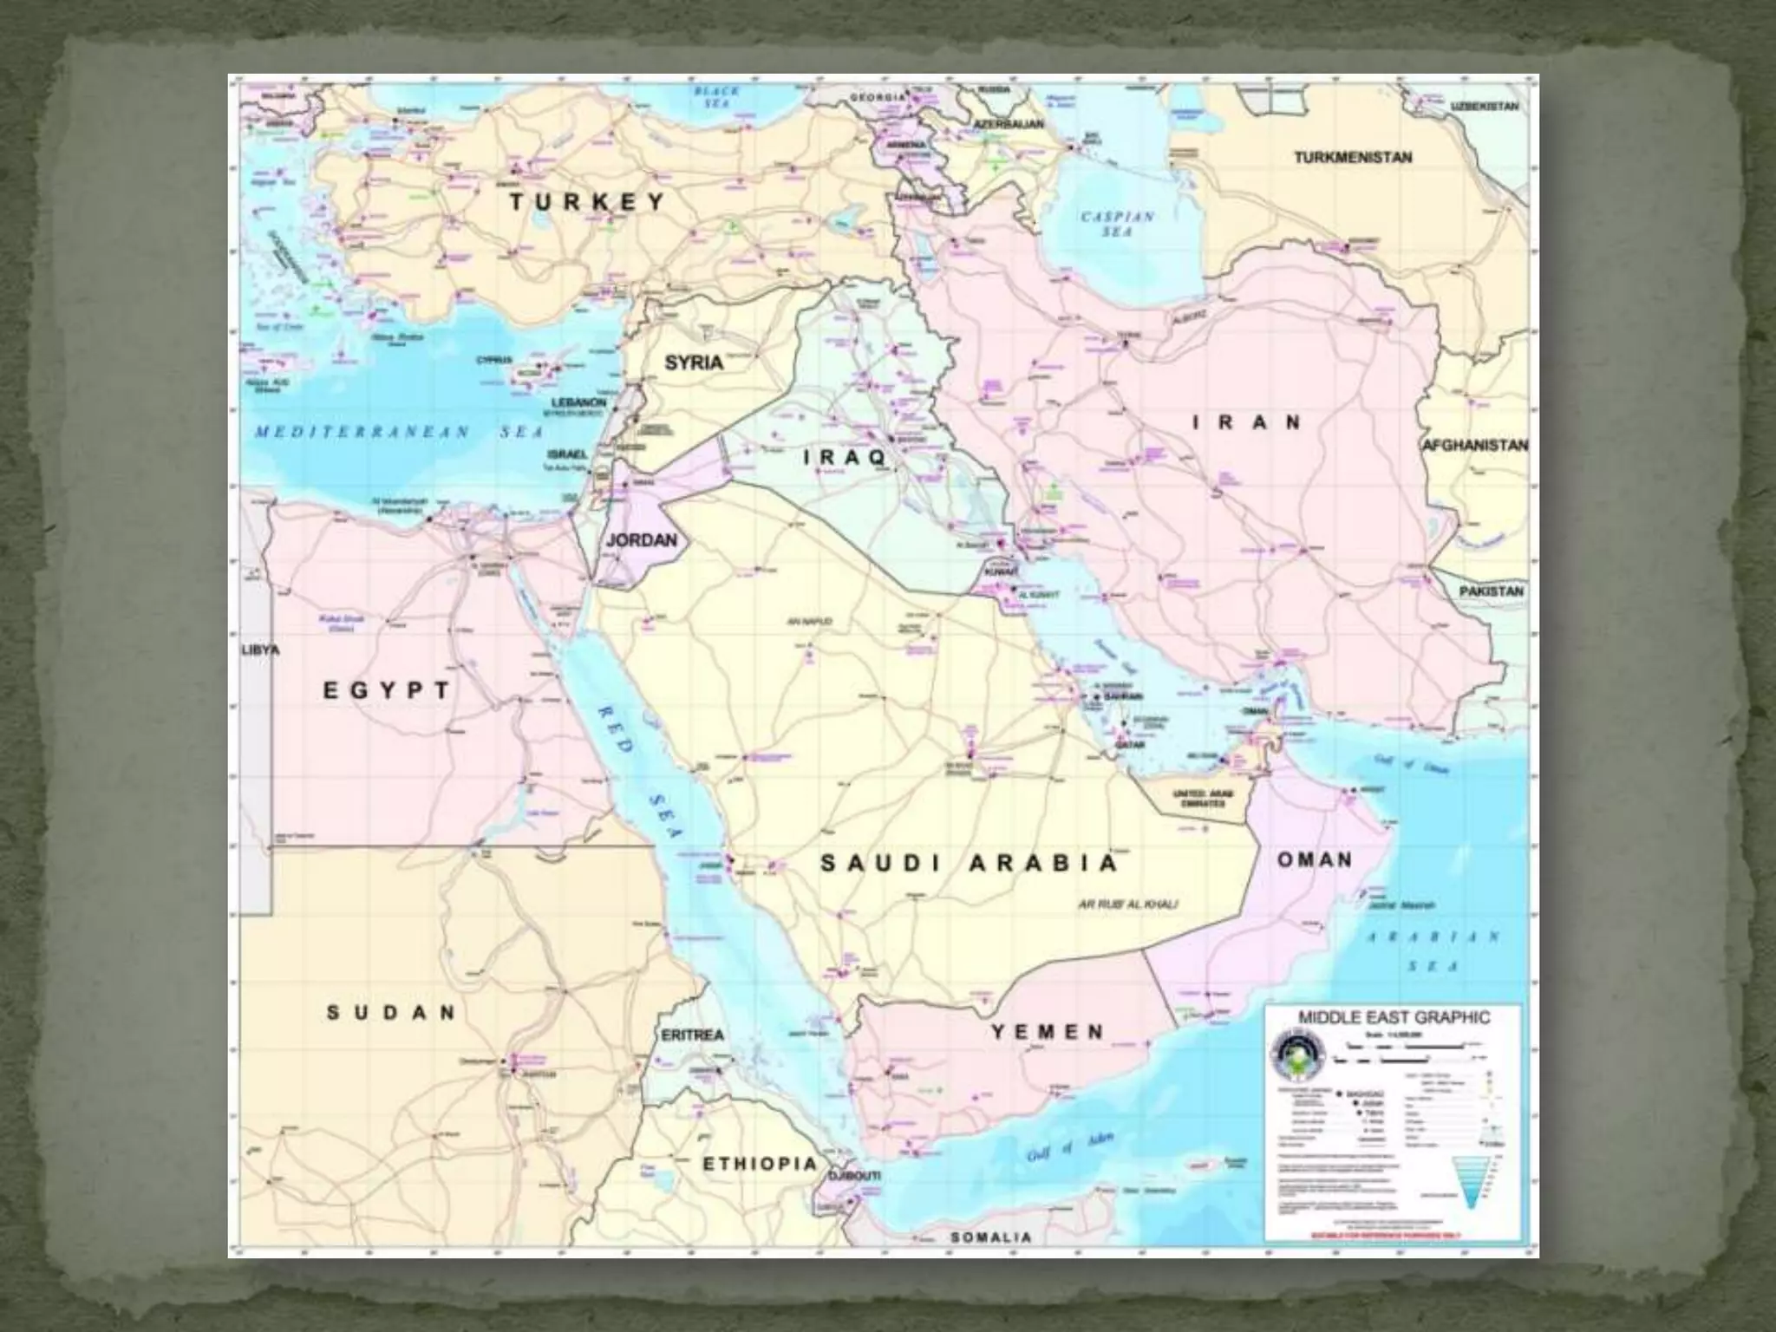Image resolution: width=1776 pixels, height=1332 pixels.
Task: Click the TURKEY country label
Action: (x=586, y=202)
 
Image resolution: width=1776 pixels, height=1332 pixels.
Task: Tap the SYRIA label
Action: (x=694, y=362)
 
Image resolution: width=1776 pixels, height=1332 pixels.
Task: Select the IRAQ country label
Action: (x=844, y=457)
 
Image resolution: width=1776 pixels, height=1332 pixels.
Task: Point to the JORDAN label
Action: (x=641, y=540)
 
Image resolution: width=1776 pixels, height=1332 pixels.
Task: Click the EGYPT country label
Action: (x=387, y=690)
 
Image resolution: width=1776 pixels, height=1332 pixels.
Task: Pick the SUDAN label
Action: (x=390, y=1012)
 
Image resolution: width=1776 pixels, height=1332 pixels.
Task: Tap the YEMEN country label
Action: (x=1048, y=1032)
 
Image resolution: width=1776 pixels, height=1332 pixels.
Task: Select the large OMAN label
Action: (x=1315, y=860)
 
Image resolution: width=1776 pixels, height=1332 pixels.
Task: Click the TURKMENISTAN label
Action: (x=1353, y=158)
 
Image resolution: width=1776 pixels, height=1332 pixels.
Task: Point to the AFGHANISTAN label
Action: (x=1475, y=445)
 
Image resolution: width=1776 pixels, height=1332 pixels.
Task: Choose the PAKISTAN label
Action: (x=1491, y=591)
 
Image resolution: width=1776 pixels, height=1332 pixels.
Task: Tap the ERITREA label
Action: (x=691, y=1035)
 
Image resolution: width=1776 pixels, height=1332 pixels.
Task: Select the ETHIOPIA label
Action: (x=760, y=1165)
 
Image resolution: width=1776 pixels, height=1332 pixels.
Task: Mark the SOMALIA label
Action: (x=991, y=1237)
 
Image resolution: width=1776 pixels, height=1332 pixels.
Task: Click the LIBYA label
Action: (x=260, y=650)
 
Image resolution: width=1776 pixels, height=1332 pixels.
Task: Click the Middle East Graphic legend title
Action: (x=1394, y=1017)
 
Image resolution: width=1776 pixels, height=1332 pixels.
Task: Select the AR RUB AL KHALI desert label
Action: (x=1127, y=904)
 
